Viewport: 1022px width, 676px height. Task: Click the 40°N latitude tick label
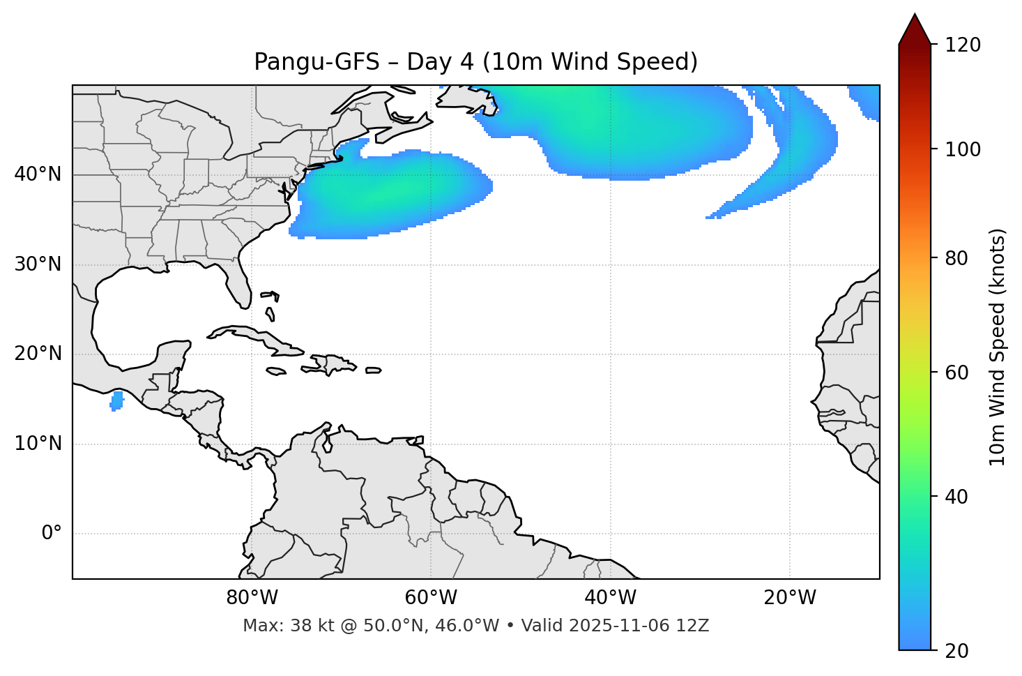(38, 174)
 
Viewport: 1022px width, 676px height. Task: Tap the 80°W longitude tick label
(252, 598)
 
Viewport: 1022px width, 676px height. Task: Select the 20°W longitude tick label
(790, 598)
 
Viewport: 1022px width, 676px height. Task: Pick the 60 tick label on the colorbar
(958, 373)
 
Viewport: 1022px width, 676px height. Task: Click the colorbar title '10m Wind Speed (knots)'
(998, 347)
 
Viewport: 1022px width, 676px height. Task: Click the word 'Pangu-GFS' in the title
(316, 62)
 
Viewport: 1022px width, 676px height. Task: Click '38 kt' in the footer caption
(303, 626)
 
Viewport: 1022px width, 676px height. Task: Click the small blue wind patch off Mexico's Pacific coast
(116, 401)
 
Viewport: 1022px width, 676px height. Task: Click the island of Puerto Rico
(373, 370)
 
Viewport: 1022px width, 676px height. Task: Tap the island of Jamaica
(276, 372)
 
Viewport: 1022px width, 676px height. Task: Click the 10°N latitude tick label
(38, 444)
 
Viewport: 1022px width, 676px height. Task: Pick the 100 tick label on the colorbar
(963, 149)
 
